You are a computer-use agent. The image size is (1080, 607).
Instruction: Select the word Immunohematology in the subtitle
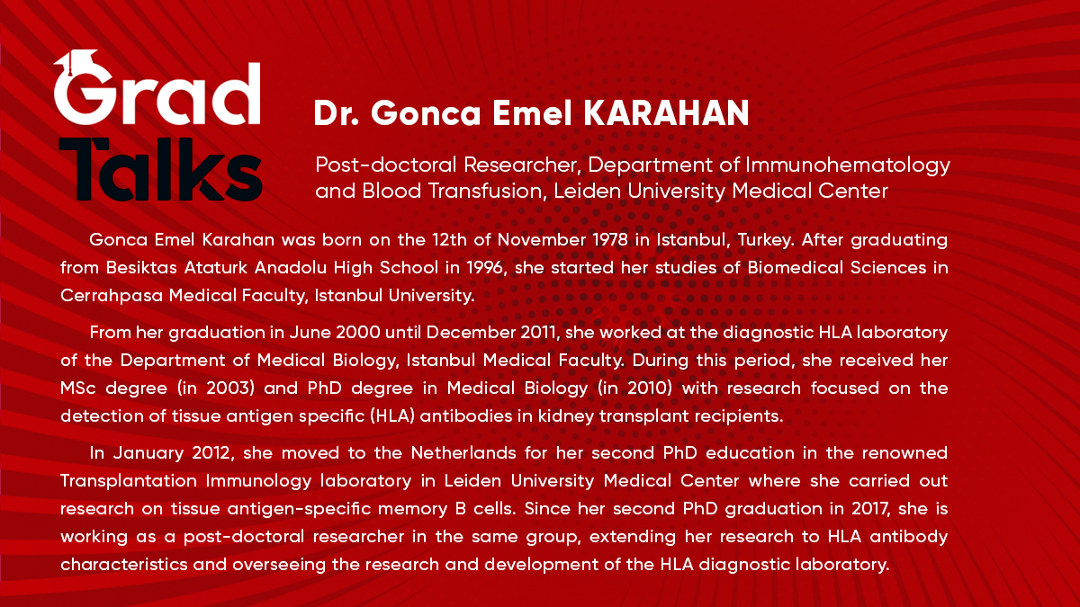click(859, 165)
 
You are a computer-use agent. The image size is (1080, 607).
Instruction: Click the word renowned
click(902, 451)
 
